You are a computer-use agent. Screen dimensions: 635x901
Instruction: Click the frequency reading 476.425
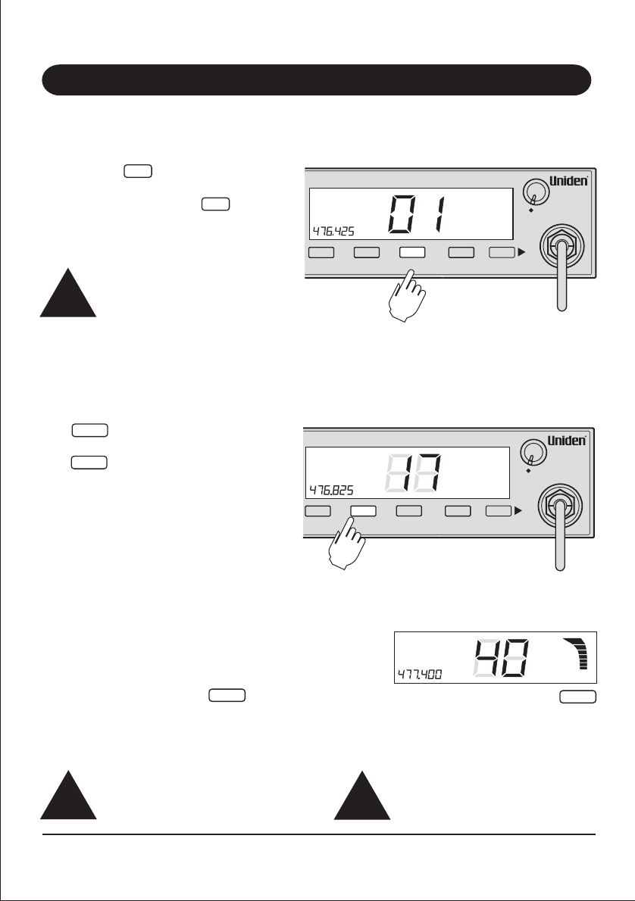click(333, 229)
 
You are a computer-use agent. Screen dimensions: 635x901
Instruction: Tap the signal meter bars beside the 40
click(580, 653)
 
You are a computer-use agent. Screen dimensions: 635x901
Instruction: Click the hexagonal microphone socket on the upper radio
click(561, 246)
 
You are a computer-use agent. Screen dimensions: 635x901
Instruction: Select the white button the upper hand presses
click(412, 252)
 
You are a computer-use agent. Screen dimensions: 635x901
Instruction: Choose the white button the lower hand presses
click(364, 511)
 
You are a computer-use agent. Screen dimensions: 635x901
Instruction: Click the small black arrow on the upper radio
click(521, 252)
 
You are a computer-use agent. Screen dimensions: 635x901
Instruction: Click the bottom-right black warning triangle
click(362, 798)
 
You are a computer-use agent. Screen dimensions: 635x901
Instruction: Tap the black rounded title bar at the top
click(316, 79)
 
